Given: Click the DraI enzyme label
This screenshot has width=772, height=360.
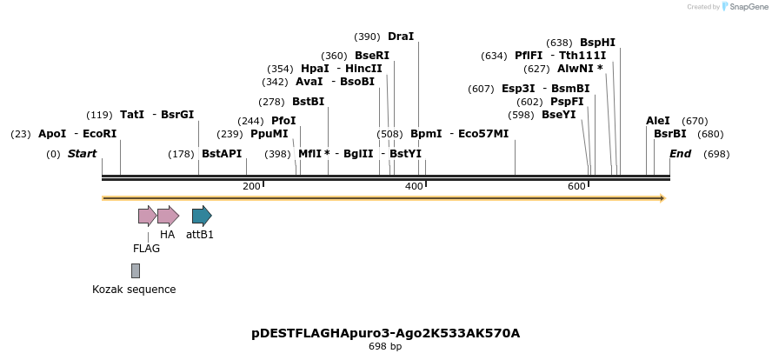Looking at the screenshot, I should [401, 37].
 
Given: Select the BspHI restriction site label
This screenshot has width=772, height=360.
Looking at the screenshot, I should [597, 43].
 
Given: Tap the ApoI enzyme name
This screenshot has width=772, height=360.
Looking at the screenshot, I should [52, 134].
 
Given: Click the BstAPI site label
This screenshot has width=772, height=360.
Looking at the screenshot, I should [222, 154].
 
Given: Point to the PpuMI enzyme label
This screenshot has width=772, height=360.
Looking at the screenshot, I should [269, 134].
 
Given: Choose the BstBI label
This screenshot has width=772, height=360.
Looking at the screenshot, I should [308, 102].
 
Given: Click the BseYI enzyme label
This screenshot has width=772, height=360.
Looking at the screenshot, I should [558, 115].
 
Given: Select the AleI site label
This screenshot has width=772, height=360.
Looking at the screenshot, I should [658, 121].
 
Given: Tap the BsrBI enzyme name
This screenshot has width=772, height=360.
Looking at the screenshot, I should [669, 134].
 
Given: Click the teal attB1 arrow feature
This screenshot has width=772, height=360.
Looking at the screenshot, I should [202, 216].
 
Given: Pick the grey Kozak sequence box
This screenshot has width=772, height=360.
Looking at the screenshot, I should [136, 270].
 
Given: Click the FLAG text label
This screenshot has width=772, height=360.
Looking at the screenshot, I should [146, 249].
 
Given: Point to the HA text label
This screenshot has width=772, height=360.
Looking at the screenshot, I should [168, 235].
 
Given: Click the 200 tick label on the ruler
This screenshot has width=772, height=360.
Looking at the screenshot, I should [251, 187].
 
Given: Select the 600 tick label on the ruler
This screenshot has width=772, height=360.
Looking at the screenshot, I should [576, 187].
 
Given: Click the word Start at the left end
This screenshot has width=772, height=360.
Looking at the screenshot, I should [82, 154].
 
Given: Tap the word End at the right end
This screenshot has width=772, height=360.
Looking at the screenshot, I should [680, 154].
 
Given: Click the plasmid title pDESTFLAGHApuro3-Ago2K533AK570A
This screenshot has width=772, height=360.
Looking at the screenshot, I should [385, 333].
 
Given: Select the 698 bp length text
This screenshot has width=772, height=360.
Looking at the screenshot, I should [385, 346].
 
